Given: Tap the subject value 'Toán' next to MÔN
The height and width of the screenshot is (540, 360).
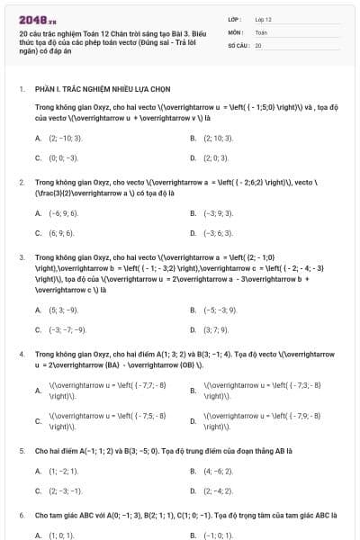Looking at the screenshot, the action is (x=261, y=31).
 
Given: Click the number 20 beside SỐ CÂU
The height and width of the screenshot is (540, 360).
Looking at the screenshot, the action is (x=258, y=44).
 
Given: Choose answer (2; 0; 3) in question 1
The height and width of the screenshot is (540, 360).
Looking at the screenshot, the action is (x=217, y=157).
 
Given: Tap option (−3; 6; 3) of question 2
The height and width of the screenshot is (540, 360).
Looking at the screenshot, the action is (x=219, y=232).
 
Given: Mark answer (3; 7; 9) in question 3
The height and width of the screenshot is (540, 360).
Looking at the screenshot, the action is (x=217, y=329).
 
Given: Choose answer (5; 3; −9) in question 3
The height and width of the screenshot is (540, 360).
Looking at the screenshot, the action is (x=65, y=310).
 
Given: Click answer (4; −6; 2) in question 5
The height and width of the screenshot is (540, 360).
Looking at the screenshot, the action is (x=219, y=471).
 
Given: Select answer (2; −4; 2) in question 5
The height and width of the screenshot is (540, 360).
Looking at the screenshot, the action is (x=219, y=490).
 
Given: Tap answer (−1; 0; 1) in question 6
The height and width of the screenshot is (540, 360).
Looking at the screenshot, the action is (x=217, y=535).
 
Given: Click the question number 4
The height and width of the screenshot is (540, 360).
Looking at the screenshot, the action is (x=22, y=355).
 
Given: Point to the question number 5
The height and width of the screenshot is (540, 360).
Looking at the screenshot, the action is (x=22, y=450).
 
